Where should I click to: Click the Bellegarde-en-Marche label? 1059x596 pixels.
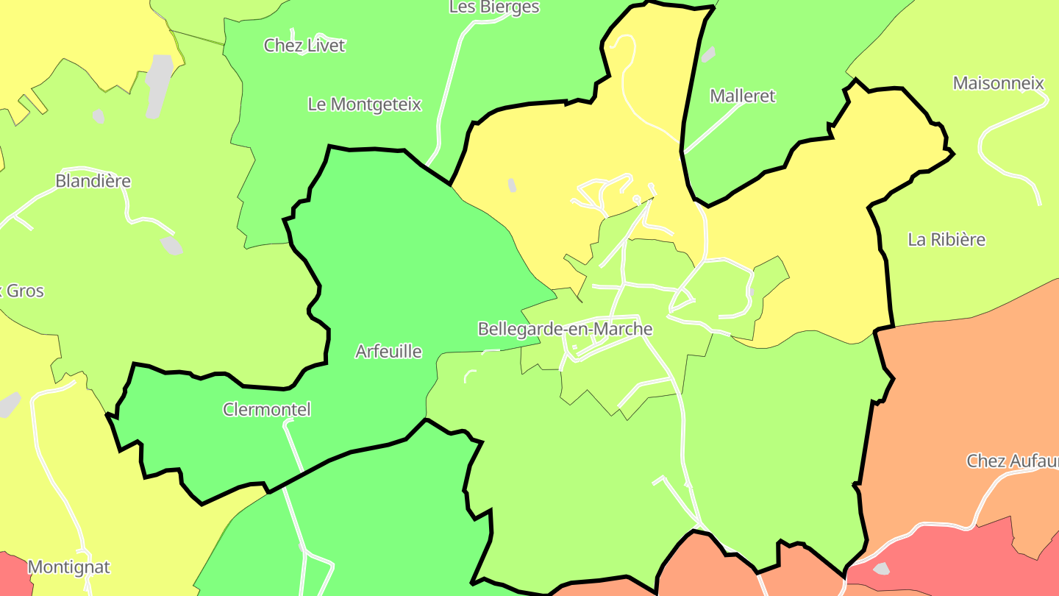[x=565, y=329]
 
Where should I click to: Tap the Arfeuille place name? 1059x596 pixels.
[x=388, y=352]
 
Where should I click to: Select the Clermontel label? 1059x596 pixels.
[x=267, y=409]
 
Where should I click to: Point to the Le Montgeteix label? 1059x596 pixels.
[x=364, y=104]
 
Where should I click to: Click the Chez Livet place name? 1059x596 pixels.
[x=304, y=46]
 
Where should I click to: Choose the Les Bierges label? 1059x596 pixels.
[x=494, y=7]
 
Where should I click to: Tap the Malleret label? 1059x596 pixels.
[x=742, y=96]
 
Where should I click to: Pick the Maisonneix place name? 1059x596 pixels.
[x=998, y=83]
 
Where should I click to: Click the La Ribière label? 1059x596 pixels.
[x=946, y=240]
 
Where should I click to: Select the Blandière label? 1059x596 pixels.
[x=93, y=181]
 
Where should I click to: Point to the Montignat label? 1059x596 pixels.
[x=68, y=567]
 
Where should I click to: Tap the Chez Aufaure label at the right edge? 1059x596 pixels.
[x=1012, y=461]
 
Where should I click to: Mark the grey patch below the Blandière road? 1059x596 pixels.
[x=171, y=245]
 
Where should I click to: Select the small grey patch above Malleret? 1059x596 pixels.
[x=707, y=55]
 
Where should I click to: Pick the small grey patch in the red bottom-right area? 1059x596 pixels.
[x=880, y=569]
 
